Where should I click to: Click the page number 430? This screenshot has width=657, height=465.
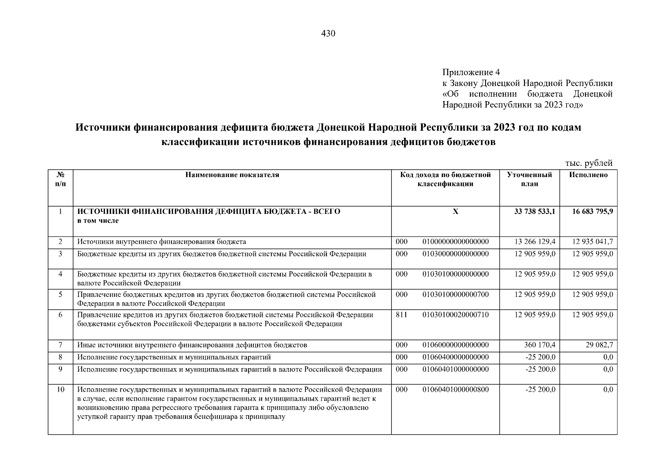tap(328, 34)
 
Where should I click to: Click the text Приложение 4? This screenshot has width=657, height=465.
tap(471, 72)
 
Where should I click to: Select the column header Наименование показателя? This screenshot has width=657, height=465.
tap(232, 175)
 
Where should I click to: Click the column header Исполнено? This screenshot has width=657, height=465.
tap(588, 175)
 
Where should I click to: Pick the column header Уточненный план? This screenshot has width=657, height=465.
tap(529, 179)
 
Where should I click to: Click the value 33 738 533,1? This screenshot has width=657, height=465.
tap(535, 212)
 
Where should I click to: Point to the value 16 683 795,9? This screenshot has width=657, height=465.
tap(592, 212)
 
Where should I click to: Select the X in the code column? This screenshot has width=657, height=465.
tap(455, 212)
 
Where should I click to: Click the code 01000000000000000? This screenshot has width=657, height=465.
tap(455, 242)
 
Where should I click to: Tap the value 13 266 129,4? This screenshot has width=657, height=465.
tap(535, 242)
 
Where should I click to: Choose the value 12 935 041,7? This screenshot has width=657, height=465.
tap(592, 242)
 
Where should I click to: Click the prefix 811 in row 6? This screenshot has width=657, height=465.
tap(401, 315)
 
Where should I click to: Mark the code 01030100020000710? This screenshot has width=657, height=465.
tap(455, 315)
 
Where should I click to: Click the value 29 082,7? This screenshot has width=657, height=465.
tap(599, 345)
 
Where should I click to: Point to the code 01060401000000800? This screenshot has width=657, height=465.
tap(455, 389)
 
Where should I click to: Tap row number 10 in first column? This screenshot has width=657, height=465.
tap(60, 389)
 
